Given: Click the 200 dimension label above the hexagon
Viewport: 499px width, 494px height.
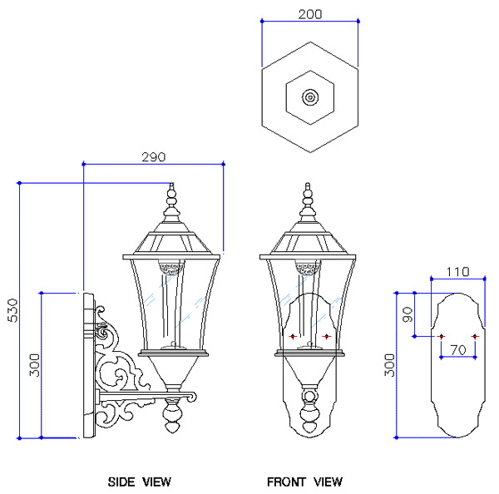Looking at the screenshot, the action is [310, 14].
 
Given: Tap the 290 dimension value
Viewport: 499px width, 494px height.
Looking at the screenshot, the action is [154, 157].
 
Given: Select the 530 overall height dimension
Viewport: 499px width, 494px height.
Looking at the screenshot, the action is [12, 310].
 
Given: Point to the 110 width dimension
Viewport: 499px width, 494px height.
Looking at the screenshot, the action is [457, 272].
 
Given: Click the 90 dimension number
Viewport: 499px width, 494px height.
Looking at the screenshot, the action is [408, 314].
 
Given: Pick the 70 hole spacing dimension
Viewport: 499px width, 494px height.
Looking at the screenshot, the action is [458, 350].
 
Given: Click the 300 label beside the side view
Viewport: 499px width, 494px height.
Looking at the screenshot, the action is [35, 365].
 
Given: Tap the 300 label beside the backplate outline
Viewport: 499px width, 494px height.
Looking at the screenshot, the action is [389, 365].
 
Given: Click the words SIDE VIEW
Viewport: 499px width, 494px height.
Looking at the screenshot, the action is [140, 482].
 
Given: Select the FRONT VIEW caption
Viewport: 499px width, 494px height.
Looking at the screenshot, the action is [304, 482].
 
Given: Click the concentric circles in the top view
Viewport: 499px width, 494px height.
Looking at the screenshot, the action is [310, 97].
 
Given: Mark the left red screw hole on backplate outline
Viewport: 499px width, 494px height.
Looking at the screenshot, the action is [441, 336].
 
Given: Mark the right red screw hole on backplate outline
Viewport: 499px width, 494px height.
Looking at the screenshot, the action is [475, 336].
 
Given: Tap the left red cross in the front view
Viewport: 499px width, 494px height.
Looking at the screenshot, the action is [293, 336].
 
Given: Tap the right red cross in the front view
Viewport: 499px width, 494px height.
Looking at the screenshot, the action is [327, 336].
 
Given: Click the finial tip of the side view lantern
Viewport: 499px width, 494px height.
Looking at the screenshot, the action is [172, 183].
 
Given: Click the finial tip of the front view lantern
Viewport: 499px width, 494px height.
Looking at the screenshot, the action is [308, 183].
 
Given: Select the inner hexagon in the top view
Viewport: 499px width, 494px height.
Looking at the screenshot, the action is [310, 97].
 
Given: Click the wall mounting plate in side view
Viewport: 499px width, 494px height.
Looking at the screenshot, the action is [89, 365].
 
